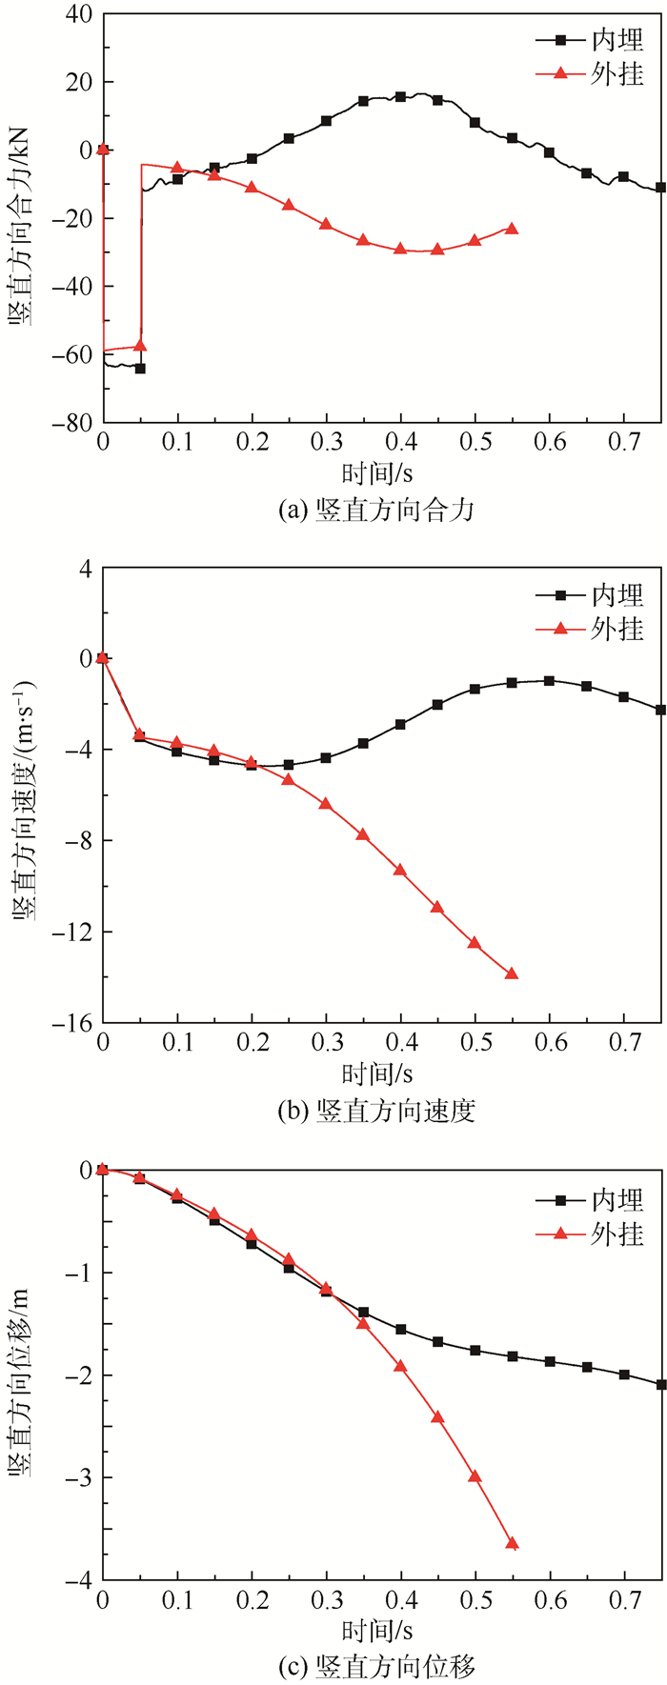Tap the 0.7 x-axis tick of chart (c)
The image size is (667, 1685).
[623, 1602]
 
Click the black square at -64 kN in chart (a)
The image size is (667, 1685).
[140, 368]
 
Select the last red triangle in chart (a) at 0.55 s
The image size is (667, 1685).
[512, 229]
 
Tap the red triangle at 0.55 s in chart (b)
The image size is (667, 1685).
[512, 973]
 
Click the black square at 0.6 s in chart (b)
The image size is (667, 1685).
[549, 680]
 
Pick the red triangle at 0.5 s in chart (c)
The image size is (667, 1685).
[475, 1476]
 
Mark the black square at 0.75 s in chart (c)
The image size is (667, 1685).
[660, 1384]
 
